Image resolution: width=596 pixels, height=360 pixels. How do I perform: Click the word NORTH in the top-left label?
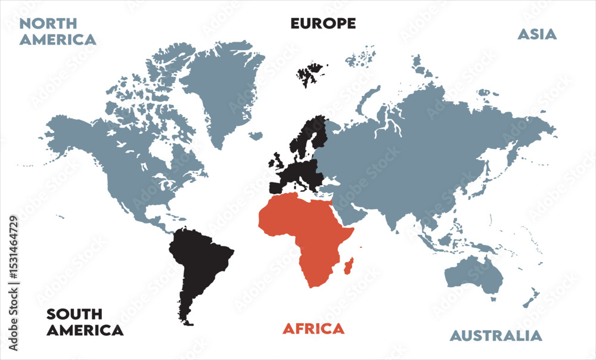[x=48, y=24]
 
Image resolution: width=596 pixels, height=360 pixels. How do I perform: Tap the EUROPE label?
[x=323, y=24]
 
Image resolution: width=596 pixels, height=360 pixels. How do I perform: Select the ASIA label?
[x=536, y=35]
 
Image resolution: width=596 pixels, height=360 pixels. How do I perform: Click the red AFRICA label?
[x=313, y=328]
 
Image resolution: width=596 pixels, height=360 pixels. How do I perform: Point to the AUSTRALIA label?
[x=496, y=336]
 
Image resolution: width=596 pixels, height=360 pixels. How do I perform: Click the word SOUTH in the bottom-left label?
[x=74, y=314]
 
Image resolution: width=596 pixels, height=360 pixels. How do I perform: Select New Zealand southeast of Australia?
[x=532, y=297]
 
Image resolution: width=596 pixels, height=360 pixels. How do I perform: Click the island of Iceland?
[x=256, y=136]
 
